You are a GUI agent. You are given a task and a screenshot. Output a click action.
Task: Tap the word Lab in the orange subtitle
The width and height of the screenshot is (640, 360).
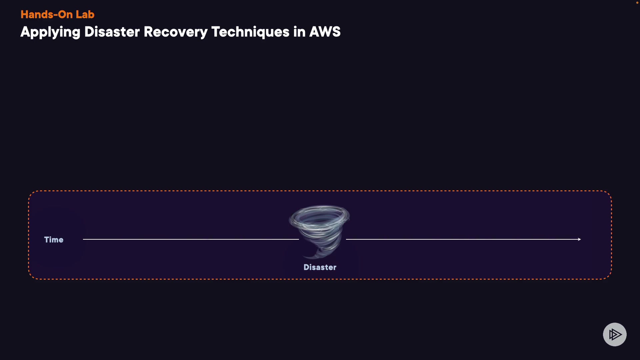coord(85,15)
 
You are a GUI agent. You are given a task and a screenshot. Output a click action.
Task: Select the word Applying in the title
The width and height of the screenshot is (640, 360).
coord(50,32)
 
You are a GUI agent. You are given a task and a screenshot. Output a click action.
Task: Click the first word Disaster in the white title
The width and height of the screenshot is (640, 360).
coord(112,32)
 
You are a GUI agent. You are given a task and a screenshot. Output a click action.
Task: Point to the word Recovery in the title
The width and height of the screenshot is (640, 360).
coord(176,32)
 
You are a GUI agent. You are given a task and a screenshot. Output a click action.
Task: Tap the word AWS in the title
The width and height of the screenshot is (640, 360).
coord(325,32)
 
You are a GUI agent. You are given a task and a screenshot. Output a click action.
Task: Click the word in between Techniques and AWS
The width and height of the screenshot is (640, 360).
coord(299,32)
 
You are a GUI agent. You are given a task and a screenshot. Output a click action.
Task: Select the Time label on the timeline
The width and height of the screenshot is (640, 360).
coord(54,240)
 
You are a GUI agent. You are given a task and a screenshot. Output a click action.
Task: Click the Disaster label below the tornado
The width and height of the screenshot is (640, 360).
coord(320,267)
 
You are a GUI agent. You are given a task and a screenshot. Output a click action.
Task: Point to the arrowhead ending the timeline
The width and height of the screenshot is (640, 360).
coord(579,239)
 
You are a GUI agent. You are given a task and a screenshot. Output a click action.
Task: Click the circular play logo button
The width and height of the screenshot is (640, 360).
coord(615,334)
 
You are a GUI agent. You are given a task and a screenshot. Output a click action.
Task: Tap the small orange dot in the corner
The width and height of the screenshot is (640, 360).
coord(637,3)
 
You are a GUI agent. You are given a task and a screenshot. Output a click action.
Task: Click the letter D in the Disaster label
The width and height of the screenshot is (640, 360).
coord(306,267)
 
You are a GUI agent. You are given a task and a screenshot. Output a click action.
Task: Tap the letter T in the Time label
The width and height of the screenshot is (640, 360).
coord(47,240)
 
